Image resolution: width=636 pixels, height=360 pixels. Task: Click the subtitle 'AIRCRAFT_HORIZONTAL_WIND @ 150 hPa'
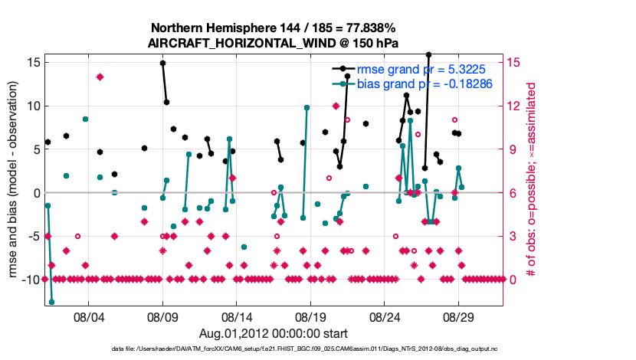(x=273, y=43)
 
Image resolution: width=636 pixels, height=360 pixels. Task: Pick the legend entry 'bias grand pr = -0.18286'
(x=424, y=83)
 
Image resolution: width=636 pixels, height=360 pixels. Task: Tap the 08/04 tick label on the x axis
(x=88, y=316)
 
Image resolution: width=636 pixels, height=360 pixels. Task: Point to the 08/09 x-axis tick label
(x=162, y=316)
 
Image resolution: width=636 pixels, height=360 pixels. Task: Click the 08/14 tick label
(x=237, y=316)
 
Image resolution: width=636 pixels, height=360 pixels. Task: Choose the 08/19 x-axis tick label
(x=310, y=316)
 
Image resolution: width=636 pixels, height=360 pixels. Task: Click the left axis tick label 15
(x=34, y=62)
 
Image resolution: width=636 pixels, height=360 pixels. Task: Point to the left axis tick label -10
(x=31, y=280)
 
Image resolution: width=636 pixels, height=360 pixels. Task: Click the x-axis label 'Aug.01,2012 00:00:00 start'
(x=274, y=333)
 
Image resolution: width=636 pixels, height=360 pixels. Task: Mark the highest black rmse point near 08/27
(x=429, y=55)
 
